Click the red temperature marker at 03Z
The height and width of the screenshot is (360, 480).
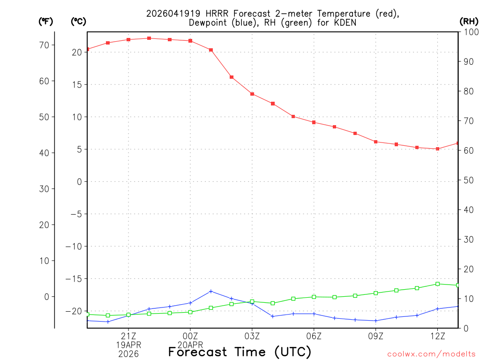click(x=252, y=94)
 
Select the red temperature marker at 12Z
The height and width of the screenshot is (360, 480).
click(x=437, y=149)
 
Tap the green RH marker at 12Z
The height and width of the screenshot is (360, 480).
click(x=437, y=284)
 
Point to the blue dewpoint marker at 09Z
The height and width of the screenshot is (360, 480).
click(x=376, y=321)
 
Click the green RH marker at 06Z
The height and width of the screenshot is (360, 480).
click(x=314, y=297)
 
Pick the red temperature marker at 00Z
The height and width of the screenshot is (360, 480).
click(x=190, y=41)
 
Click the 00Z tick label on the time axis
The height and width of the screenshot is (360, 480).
click(x=190, y=336)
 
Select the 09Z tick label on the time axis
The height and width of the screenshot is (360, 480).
click(x=376, y=336)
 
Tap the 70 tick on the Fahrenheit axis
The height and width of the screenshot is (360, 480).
click(x=44, y=45)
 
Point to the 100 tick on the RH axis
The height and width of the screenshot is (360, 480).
click(x=470, y=31)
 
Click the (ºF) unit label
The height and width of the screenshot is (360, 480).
click(x=46, y=21)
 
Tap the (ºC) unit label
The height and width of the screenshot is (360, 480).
click(x=79, y=21)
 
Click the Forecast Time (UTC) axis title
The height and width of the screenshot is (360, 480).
click(x=240, y=352)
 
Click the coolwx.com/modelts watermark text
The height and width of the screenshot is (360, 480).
click(x=432, y=354)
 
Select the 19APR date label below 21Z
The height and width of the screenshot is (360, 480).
click(x=128, y=345)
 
